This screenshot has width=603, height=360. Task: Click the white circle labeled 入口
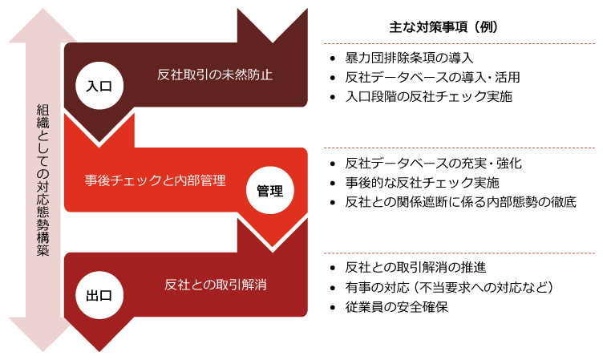[99, 86]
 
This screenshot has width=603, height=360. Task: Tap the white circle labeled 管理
[270, 191]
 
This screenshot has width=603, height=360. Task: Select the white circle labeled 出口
[99, 294]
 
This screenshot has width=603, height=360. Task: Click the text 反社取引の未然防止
[216, 75]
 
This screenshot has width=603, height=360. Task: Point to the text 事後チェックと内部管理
[156, 180]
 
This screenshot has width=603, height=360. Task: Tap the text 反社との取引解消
[216, 285]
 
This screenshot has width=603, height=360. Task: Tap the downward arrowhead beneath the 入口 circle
[99, 128]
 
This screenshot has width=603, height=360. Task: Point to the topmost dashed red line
[459, 43]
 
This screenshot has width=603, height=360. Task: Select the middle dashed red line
[459, 148]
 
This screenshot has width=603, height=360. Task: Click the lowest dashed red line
[459, 253]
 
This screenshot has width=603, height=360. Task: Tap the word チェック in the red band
[138, 180]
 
